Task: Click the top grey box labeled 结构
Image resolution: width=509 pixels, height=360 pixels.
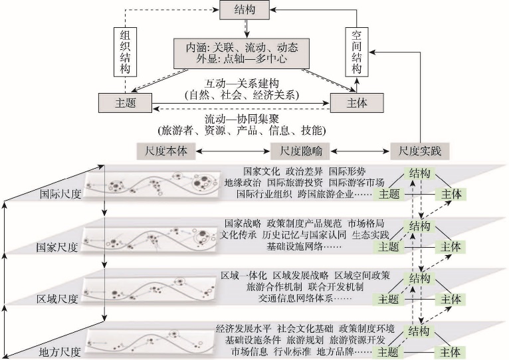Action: (245, 10)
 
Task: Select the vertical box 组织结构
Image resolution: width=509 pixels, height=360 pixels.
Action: (125, 52)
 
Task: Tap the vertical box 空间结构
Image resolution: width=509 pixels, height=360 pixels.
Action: (356, 52)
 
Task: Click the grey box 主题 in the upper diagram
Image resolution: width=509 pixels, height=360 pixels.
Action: (125, 103)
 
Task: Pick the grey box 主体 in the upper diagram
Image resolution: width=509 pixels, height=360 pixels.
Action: (357, 103)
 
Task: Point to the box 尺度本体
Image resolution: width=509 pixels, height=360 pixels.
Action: (166, 151)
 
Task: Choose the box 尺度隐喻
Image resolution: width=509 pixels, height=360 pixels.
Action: (300, 151)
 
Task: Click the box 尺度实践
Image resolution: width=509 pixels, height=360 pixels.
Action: (420, 151)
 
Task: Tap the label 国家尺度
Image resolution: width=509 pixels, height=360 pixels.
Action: (57, 247)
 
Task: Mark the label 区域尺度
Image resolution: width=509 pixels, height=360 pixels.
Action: (57, 299)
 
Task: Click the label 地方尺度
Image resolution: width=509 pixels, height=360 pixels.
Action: (59, 352)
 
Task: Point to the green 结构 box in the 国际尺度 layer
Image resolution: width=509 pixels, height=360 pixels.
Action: (419, 173)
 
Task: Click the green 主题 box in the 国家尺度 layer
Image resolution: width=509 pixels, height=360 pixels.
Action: (389, 246)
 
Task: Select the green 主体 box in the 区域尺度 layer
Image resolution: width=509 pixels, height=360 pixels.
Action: (451, 299)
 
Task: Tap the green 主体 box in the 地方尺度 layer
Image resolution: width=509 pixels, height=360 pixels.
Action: (450, 352)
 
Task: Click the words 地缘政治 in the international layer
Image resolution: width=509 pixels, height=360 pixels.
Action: (243, 183)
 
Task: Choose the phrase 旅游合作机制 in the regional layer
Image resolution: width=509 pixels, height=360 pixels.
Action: (274, 287)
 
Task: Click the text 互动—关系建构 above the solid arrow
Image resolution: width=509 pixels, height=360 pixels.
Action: (241, 84)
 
